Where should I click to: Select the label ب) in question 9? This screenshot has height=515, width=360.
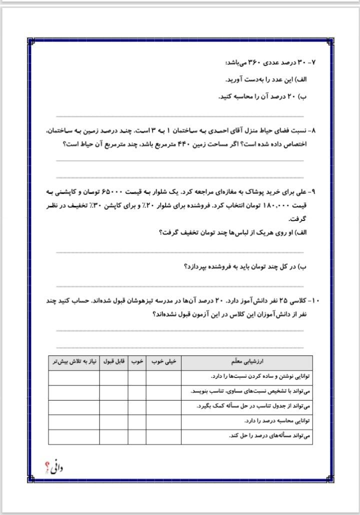(x=303, y=266)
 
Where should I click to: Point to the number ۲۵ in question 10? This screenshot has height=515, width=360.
(x=281, y=301)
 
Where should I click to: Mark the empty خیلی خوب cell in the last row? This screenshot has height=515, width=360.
(x=163, y=436)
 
